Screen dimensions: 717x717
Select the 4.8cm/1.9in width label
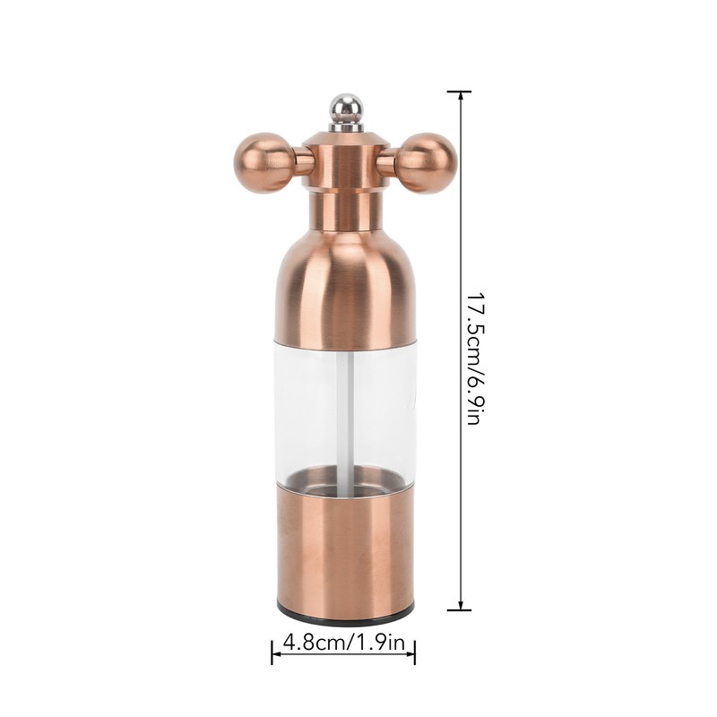click(343, 643)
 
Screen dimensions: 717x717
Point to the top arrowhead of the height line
click(460, 97)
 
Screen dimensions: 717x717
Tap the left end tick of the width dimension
click(272, 651)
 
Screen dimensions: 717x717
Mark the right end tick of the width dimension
click(415, 651)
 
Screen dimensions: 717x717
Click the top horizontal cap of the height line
click(460, 91)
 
